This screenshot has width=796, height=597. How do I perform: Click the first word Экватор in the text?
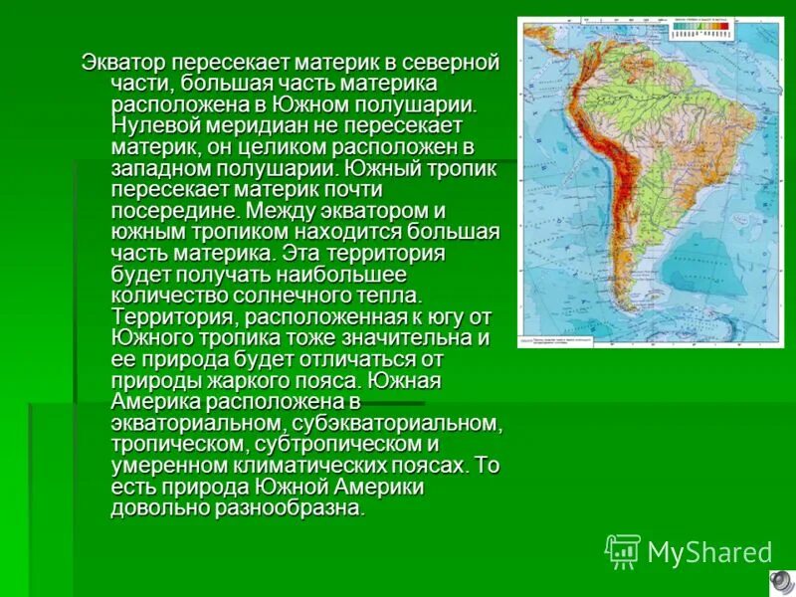tap(123, 63)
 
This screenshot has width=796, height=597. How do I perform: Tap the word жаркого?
tap(221, 380)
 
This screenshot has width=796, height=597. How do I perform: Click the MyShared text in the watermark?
tap(709, 552)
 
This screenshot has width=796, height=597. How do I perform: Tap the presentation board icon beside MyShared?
tap(623, 550)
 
